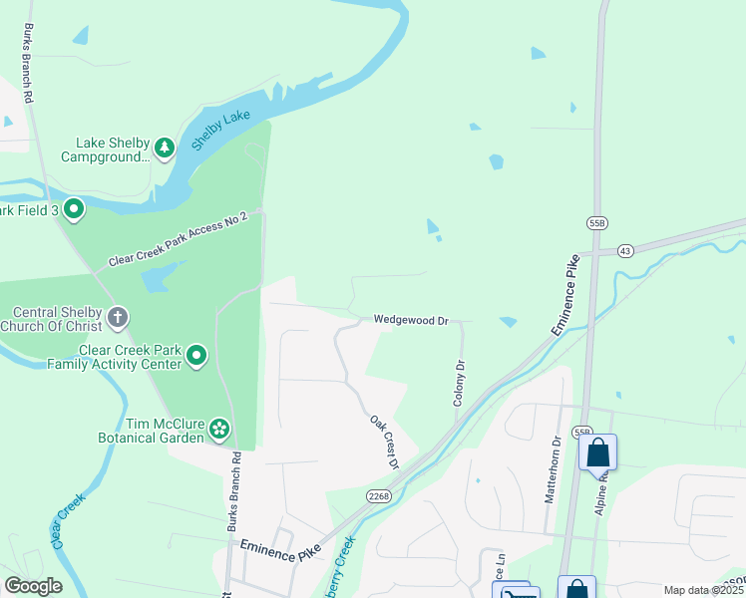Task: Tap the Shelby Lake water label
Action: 220,131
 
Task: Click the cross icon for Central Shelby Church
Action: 118,318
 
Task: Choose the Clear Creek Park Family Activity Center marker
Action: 196,356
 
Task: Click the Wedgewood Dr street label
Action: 412,320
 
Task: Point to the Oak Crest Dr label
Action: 384,443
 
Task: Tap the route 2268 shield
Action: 378,495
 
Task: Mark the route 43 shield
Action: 625,250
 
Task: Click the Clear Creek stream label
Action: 65,521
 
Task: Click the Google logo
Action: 32,586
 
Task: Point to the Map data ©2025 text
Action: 703,590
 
